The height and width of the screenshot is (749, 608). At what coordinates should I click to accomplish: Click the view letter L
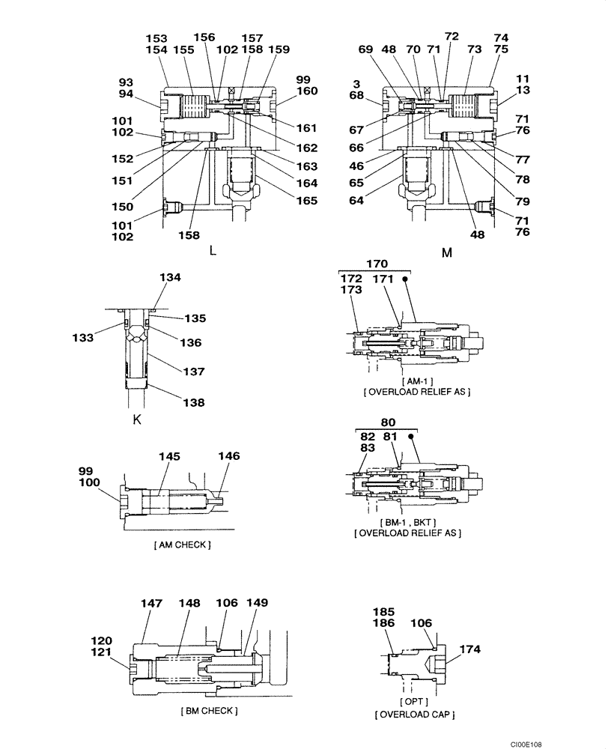[x=213, y=251]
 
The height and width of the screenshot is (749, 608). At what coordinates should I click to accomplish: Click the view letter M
[x=447, y=253]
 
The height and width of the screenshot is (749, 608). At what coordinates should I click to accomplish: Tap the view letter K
[x=137, y=419]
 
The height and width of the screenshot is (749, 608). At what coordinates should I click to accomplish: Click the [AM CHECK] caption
[x=182, y=545]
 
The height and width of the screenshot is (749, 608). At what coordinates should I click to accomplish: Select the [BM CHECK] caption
[x=209, y=710]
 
